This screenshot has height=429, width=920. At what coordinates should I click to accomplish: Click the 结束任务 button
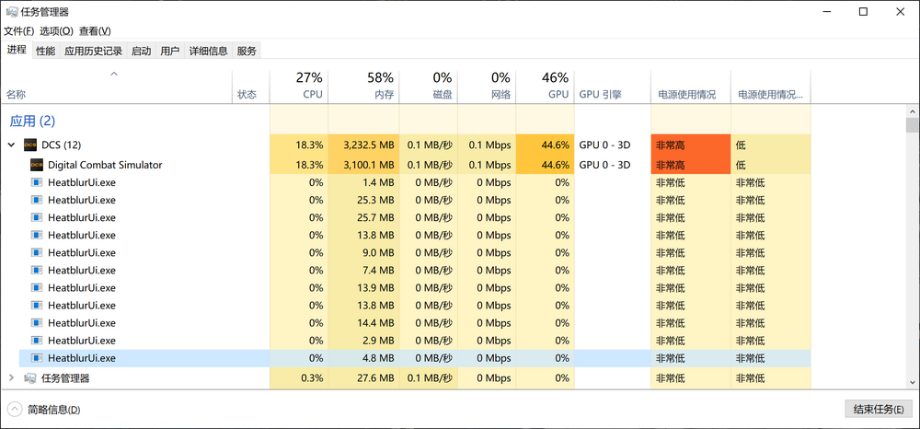[877, 409]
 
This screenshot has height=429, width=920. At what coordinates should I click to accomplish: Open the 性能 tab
[45, 52]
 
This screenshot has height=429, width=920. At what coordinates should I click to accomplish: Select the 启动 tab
[141, 52]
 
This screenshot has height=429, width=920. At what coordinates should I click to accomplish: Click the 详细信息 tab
[209, 52]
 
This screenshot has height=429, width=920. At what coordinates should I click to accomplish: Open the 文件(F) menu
[18, 31]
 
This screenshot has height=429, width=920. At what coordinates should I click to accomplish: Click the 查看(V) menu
[95, 31]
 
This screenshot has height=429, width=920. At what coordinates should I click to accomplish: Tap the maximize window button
[863, 12]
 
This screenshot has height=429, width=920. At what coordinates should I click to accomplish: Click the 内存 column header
[384, 95]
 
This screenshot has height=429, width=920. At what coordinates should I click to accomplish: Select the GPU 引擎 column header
[601, 95]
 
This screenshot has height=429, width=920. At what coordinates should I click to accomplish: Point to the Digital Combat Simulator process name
[105, 165]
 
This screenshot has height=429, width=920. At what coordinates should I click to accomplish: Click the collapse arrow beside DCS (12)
[11, 145]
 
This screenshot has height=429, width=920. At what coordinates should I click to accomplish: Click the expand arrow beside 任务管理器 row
[11, 377]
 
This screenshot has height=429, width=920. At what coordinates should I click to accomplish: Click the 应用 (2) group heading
[32, 121]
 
